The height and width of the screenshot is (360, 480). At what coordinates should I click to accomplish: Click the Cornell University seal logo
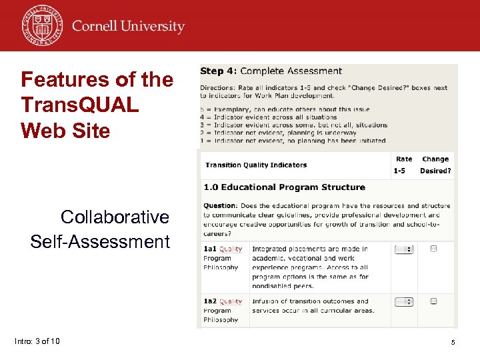click(41, 25)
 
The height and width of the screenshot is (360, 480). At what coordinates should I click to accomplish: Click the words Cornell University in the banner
click(128, 27)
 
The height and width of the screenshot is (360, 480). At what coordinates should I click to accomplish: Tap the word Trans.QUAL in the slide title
click(80, 105)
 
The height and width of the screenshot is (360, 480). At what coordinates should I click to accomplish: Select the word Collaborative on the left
click(115, 217)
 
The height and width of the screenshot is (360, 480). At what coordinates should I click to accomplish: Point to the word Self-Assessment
click(100, 241)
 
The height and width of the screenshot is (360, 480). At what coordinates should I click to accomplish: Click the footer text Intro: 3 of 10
click(37, 341)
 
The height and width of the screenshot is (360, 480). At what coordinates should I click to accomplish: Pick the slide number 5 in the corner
click(453, 342)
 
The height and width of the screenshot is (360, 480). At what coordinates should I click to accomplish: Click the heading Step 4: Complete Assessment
click(271, 71)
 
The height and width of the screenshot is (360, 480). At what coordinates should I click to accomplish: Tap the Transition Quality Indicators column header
click(256, 165)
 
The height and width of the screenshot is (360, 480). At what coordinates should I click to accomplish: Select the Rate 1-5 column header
click(403, 165)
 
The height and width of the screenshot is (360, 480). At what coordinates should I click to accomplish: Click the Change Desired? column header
click(435, 165)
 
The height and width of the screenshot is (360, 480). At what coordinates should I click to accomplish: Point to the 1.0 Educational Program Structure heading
click(284, 187)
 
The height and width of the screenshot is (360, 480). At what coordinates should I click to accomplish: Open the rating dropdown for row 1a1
click(404, 249)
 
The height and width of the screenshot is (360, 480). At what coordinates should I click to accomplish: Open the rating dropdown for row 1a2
click(404, 301)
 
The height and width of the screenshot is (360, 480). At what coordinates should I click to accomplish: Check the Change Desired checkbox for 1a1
click(434, 249)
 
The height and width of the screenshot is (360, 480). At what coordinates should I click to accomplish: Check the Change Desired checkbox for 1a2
click(434, 301)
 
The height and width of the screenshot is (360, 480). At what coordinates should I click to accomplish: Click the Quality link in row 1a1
click(231, 249)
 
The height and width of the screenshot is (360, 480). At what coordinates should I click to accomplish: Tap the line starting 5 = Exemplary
click(285, 109)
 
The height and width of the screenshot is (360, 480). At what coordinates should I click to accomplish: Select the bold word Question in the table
click(220, 206)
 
